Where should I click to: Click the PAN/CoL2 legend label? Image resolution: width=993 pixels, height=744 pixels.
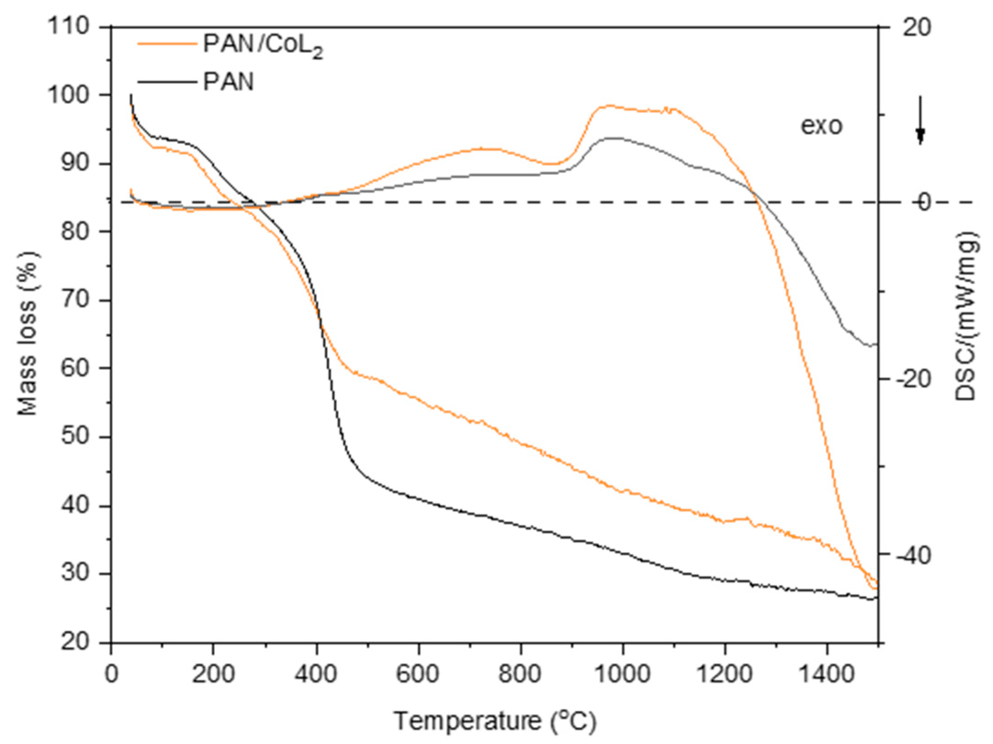(263, 46)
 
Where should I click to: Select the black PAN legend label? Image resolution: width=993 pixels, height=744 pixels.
(228, 83)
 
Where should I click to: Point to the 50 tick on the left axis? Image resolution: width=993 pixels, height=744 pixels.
(75, 436)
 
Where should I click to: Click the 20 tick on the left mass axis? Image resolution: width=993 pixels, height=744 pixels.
(75, 642)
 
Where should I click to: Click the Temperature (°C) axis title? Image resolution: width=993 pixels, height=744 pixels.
(495, 721)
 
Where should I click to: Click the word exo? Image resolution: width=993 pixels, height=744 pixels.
(822, 126)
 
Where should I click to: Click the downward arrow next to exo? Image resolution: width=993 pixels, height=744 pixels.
(920, 120)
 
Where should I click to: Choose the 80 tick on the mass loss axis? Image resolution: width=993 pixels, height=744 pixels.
(75, 231)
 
